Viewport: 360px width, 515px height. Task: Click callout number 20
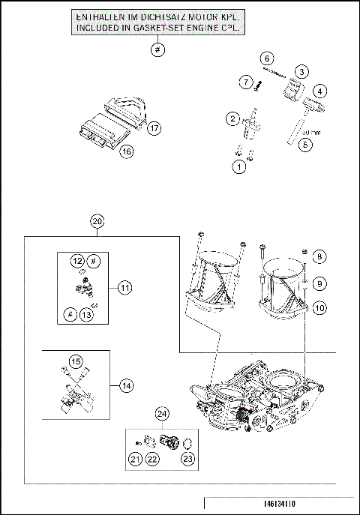pyautogui.click(x=96, y=221)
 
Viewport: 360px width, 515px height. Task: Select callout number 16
pyautogui.click(x=127, y=151)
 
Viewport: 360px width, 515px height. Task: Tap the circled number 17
pyautogui.click(x=154, y=127)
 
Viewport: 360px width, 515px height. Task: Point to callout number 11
pyautogui.click(x=125, y=287)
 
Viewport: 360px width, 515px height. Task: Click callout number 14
pyautogui.click(x=125, y=385)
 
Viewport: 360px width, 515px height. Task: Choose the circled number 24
pyautogui.click(x=161, y=414)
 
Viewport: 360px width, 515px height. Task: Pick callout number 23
pyautogui.click(x=187, y=459)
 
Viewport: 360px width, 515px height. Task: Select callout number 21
pyautogui.click(x=134, y=459)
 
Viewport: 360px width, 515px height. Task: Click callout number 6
pyautogui.click(x=267, y=58)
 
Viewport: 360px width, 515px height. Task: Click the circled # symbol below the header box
pyautogui.click(x=157, y=50)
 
